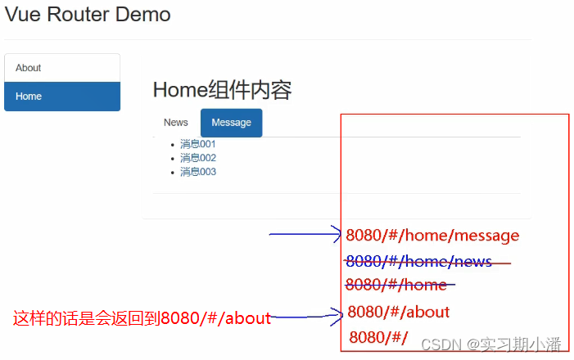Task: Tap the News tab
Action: click(x=176, y=123)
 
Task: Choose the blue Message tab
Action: click(x=231, y=123)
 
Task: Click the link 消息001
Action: click(x=198, y=144)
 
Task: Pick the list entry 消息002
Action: click(x=198, y=158)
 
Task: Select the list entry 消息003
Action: click(x=198, y=172)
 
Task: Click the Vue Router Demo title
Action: click(x=88, y=15)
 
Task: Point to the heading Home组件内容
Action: click(x=222, y=90)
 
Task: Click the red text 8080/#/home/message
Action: click(x=432, y=236)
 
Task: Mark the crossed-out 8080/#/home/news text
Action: click(x=419, y=261)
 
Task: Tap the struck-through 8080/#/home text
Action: click(x=397, y=285)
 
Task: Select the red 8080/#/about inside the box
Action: click(x=399, y=312)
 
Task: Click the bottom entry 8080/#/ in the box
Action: click(x=378, y=337)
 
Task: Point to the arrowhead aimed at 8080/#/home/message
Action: click(x=337, y=235)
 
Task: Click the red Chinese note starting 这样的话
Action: click(x=141, y=318)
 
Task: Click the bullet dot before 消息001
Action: click(x=171, y=145)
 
